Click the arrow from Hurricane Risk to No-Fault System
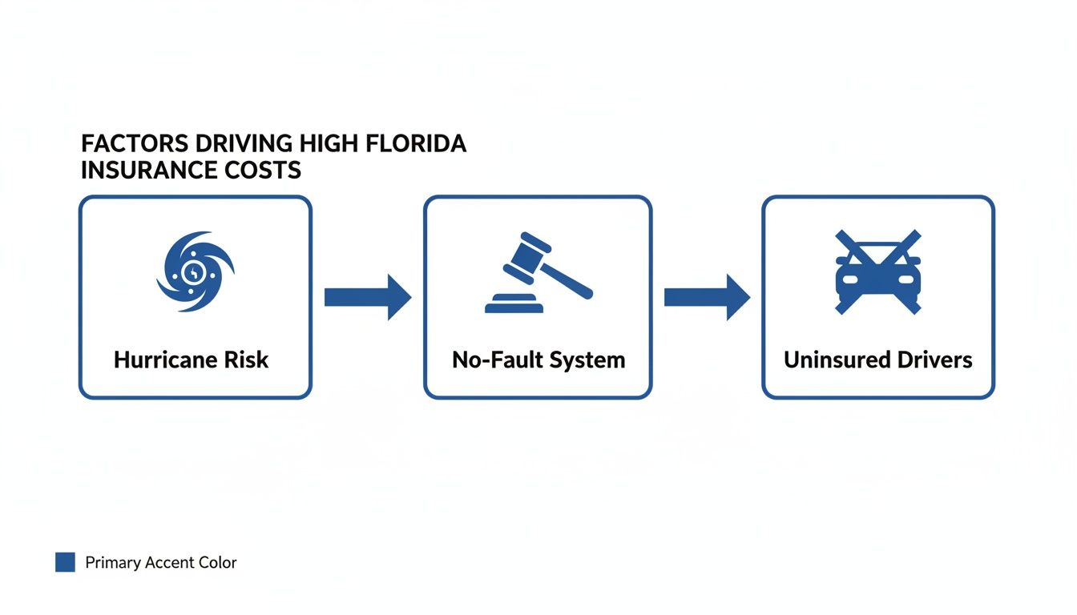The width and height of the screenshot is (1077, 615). pyautogui.click(x=367, y=297)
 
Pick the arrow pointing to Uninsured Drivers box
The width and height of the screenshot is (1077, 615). pyautogui.click(x=707, y=297)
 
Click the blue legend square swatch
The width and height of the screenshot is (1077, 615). pyautogui.click(x=65, y=562)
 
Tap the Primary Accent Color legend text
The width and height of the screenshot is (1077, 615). pyautogui.click(x=161, y=562)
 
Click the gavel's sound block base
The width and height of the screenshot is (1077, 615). pyautogui.click(x=513, y=304)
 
